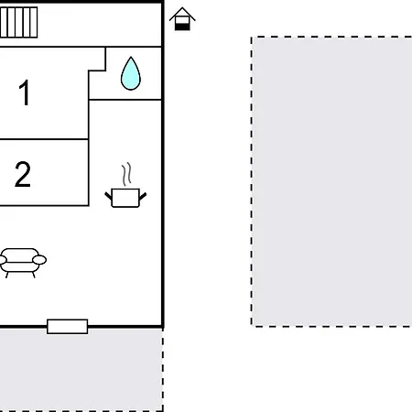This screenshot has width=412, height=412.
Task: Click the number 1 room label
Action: click(25, 93)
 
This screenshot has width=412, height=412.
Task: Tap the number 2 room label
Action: click(23, 174)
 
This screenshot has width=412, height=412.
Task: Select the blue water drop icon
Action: click(131, 74)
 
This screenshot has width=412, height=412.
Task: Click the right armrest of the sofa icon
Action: click(39, 260)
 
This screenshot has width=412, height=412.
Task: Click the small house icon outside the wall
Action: click(183, 18)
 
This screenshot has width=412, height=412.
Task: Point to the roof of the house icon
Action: click(183, 13)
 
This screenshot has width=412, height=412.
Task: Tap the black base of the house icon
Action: click(183, 27)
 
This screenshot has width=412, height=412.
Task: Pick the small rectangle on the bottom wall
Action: click(68, 326)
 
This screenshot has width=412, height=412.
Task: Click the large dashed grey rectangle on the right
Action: click(331, 181)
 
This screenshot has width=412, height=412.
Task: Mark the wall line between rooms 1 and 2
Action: click(44, 140)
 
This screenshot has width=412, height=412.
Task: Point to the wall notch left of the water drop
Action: click(97, 70)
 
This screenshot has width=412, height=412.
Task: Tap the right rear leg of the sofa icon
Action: click(35, 273)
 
